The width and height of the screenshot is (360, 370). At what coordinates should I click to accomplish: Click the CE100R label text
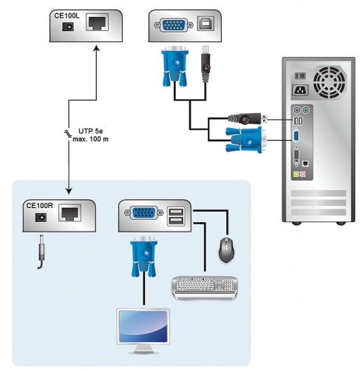40,205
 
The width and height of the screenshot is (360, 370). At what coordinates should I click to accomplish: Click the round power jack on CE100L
69,27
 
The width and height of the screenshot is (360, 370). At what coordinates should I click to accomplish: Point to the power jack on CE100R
41,218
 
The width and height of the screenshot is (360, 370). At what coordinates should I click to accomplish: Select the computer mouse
226,251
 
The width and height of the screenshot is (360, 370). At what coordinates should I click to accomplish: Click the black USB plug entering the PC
249,118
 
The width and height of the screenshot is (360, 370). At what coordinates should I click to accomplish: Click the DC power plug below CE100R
41,251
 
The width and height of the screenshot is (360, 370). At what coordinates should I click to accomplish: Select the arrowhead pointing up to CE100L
97,47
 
